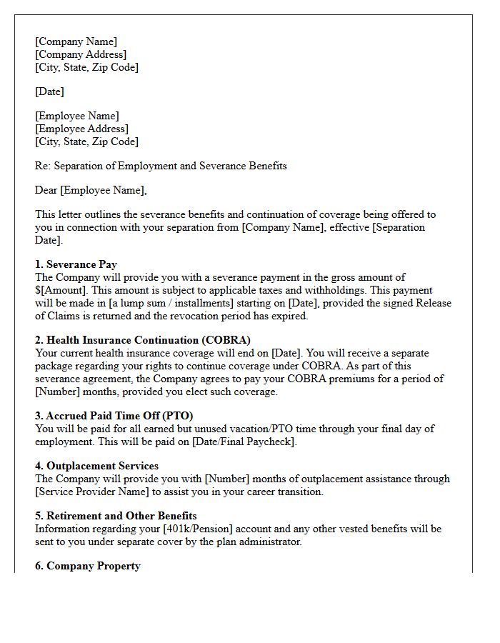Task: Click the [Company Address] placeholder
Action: pos(81,54)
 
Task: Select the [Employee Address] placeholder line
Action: pos(81,129)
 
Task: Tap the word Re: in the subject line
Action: pos(43,166)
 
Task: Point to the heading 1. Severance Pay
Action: pos(76,264)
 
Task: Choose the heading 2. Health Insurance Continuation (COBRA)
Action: pos(143,340)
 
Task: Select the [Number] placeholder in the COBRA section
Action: pos(59,392)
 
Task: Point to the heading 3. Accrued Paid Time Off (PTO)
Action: pos(114,416)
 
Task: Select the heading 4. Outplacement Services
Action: pos(96,466)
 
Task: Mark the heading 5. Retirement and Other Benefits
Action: pos(116,516)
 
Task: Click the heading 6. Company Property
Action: pos(87,566)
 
